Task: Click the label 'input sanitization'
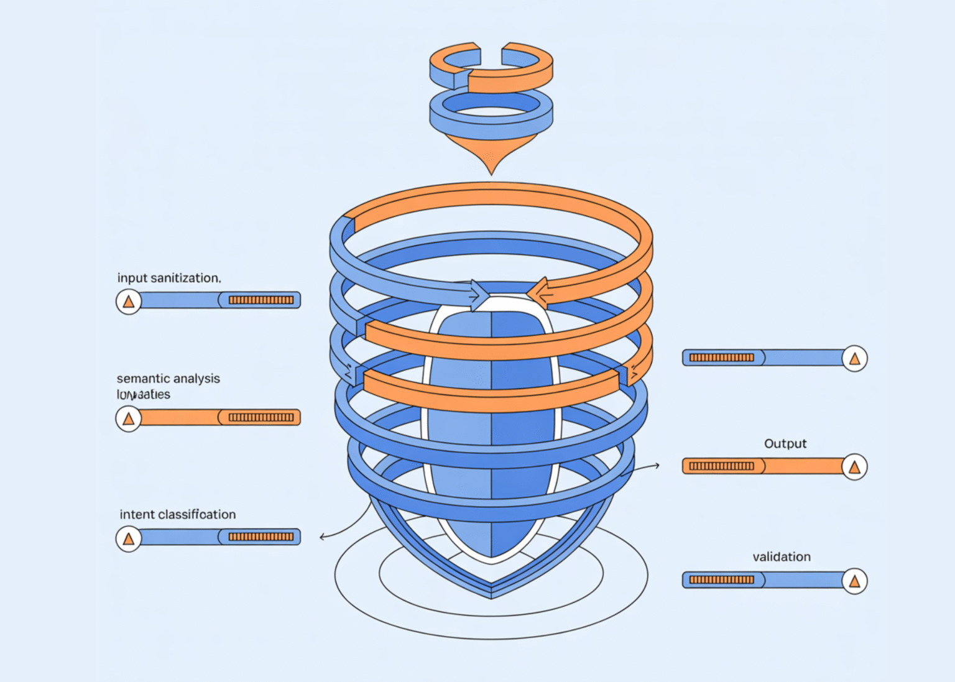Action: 168,278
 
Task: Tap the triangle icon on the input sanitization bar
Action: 129,302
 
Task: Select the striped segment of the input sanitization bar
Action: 261,300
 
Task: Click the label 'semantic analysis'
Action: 168,378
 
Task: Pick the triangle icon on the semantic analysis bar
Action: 129,418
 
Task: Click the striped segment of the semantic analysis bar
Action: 261,417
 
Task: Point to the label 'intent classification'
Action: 178,514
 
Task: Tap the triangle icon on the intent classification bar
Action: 129,538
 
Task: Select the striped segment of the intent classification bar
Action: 261,537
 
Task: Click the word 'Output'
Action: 785,443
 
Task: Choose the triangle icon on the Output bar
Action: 854,467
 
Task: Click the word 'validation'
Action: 782,556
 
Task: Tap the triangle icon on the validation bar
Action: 854,581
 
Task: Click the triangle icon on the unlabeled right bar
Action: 854,359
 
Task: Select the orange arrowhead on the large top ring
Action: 536,293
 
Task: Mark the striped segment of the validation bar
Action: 721,580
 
